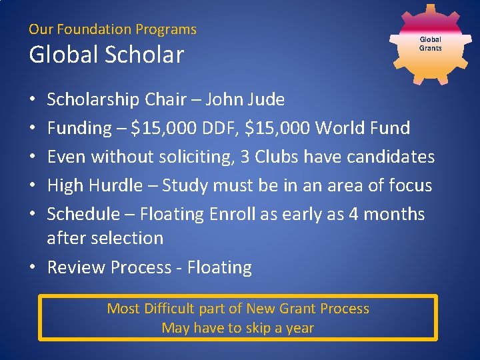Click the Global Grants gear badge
(430, 44)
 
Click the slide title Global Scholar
(106, 55)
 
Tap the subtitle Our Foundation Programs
(113, 29)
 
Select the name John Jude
(245, 100)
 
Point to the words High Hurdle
(95, 186)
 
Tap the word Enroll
(233, 215)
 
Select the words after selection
(105, 238)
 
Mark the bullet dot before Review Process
(33, 268)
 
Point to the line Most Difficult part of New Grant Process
(238, 309)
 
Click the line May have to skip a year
(238, 328)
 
